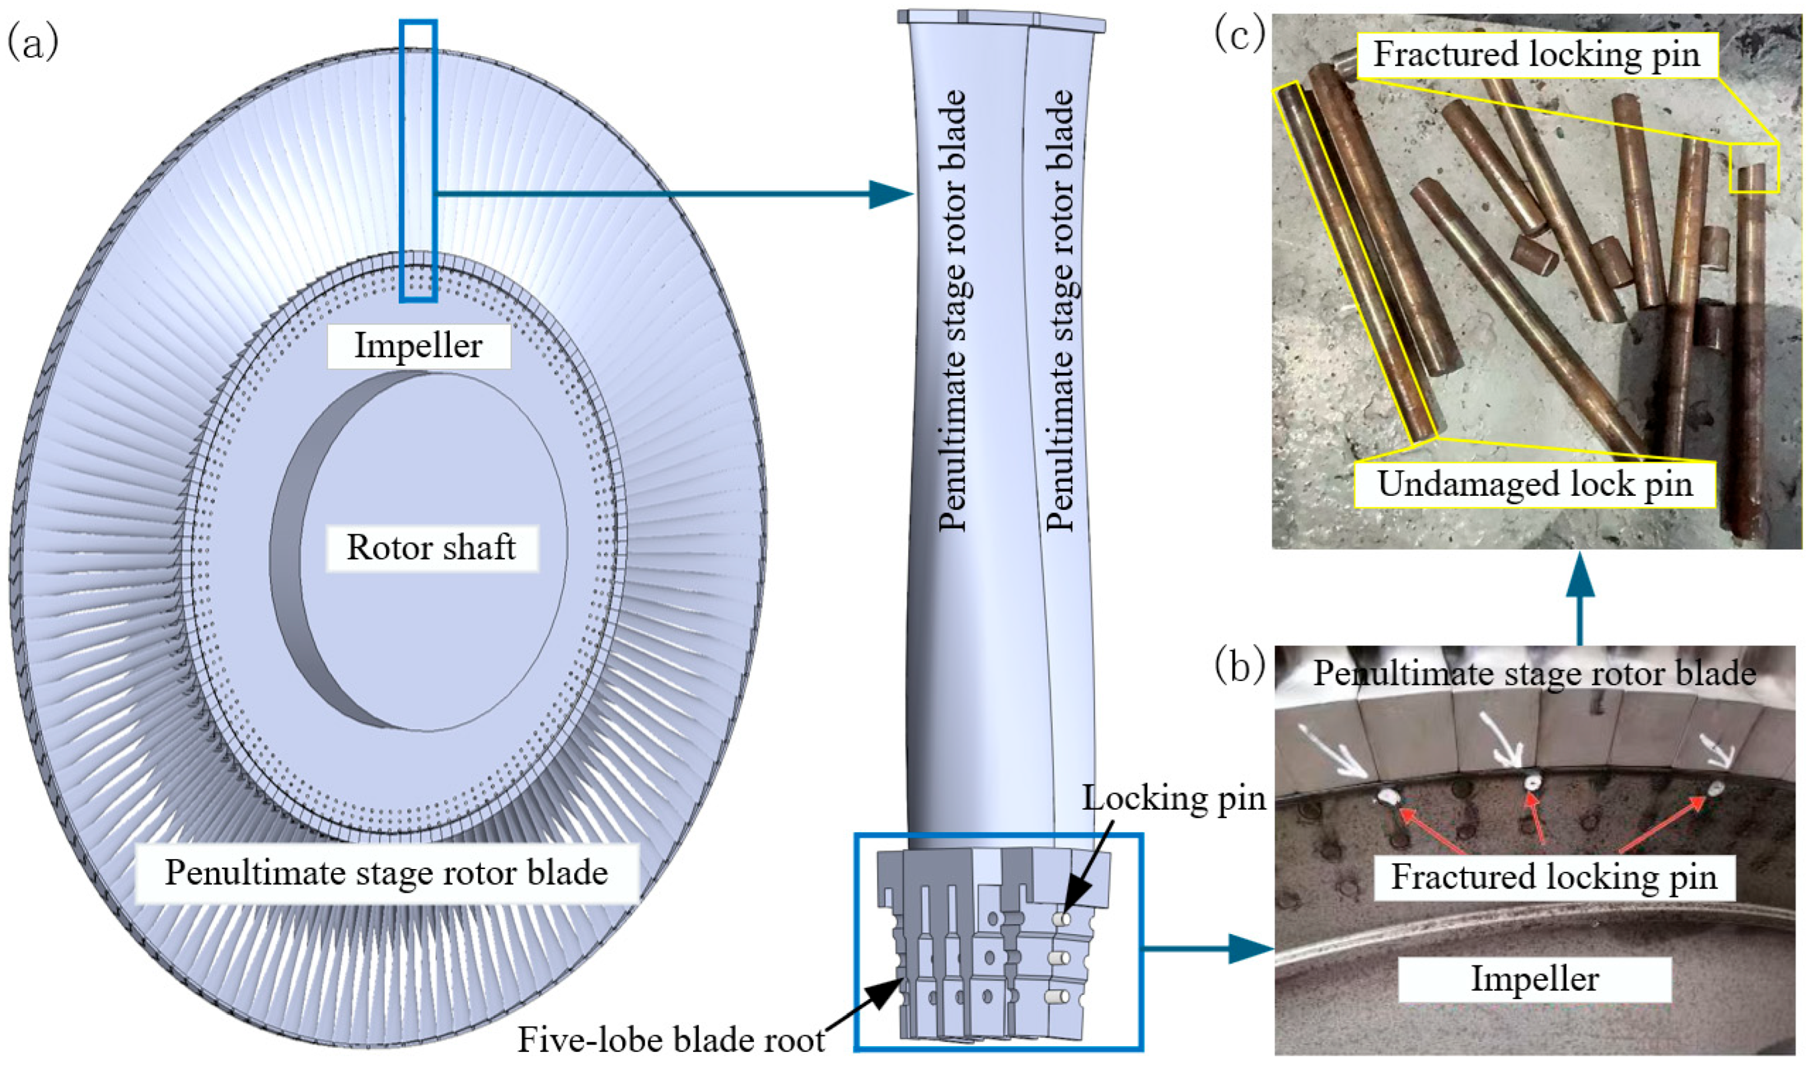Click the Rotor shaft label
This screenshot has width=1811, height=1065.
pos(431,548)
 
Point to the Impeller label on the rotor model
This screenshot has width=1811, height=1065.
pos(418,346)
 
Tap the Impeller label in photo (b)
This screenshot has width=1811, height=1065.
pos(1534,979)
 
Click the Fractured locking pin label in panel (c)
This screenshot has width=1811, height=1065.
pos(1536,55)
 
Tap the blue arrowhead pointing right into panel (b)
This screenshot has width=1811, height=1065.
pos(1250,949)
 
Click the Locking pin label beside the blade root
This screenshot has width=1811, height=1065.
pos(1174,798)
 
